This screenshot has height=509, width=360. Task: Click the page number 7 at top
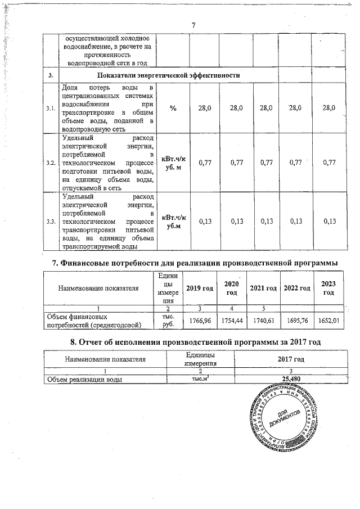193,25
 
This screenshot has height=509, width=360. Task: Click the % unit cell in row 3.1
173,108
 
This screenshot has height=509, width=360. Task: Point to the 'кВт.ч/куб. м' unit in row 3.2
173,163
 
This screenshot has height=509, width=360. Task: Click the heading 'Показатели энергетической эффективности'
169,75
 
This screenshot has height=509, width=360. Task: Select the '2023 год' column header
328,288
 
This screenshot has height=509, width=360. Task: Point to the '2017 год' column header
291,358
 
